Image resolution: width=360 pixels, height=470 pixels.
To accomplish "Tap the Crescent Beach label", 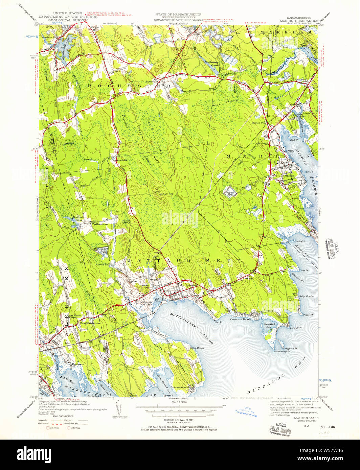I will (241, 319).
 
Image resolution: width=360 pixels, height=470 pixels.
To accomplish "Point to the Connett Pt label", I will (295, 327).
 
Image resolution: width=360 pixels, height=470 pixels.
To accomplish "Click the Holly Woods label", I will (306, 296).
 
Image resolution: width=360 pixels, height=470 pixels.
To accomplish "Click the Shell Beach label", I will (197, 348).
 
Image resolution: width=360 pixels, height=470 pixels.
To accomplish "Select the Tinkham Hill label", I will (166, 194).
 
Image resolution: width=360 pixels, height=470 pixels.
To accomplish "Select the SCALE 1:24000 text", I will (180, 402).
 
